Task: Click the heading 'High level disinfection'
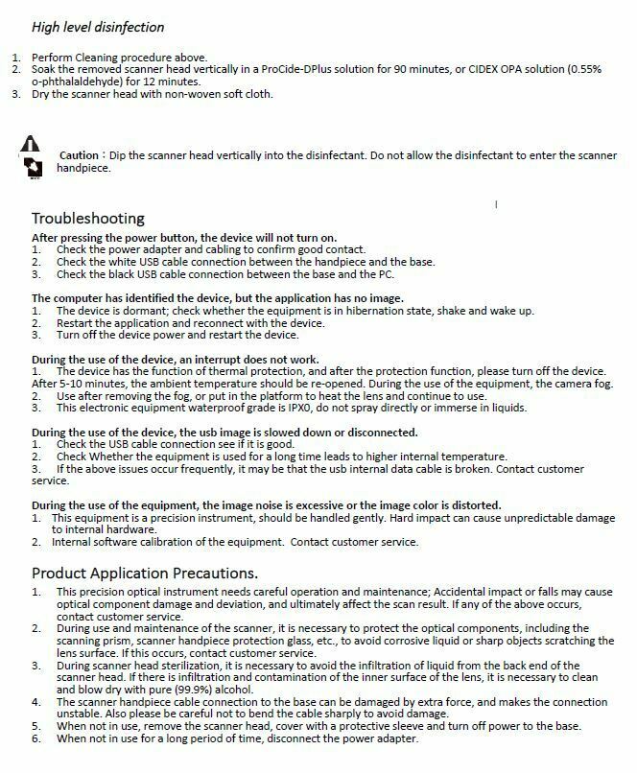coord(99,27)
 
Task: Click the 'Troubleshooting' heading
coord(87,218)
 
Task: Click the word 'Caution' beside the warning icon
coord(80,155)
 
